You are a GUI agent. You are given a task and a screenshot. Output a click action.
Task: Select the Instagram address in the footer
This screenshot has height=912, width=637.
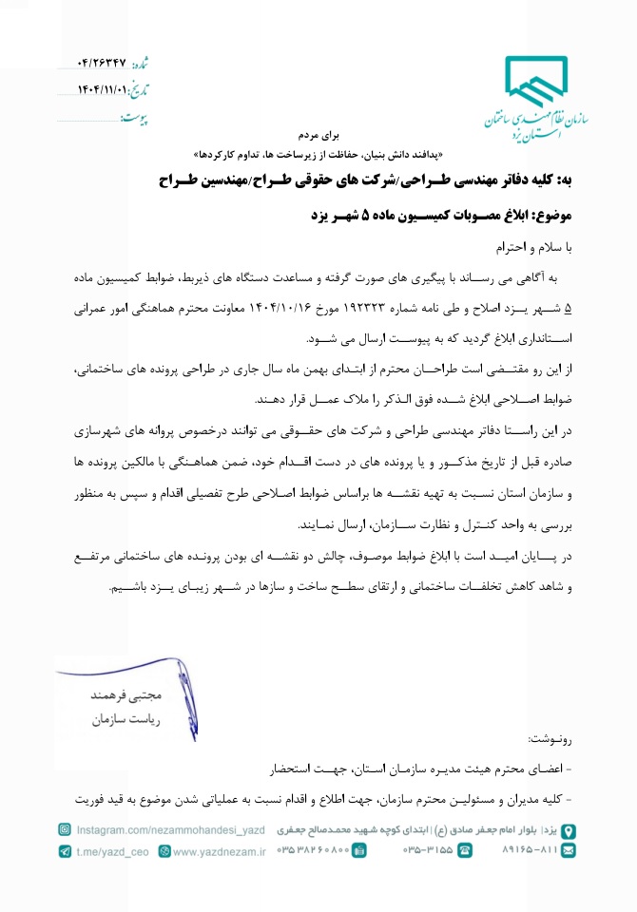[x=169, y=830]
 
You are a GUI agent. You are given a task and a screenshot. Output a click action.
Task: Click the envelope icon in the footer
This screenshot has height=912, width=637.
[x=569, y=851]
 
